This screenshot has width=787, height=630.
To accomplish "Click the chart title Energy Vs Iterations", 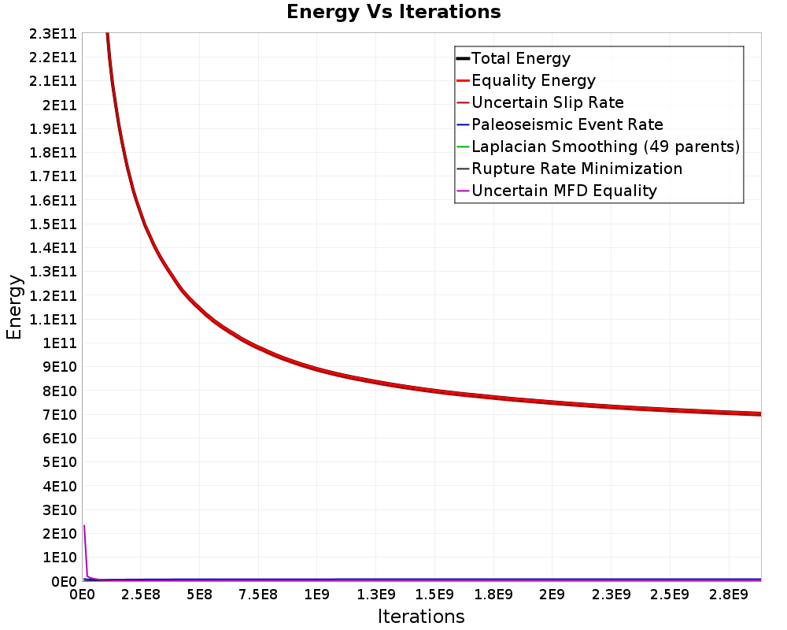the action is click(393, 12).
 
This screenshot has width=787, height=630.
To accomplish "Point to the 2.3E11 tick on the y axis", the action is click(54, 34).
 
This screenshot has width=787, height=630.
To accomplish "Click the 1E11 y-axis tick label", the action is click(60, 343).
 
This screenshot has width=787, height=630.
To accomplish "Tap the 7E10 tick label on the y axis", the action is click(60, 415).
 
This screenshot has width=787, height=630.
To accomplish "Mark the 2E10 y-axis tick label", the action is click(60, 534).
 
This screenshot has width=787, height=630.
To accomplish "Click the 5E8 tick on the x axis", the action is click(199, 595).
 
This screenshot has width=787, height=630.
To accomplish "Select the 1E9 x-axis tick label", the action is click(316, 595).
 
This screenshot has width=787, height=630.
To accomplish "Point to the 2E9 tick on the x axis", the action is click(552, 595).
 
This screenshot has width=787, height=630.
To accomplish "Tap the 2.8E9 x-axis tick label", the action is click(728, 595).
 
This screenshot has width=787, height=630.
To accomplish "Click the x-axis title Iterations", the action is click(421, 616).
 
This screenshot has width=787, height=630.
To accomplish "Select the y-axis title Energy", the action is click(14, 307).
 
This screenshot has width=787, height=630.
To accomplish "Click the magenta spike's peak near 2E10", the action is click(84, 525).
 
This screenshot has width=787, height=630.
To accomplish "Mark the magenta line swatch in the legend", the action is click(464, 191).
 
